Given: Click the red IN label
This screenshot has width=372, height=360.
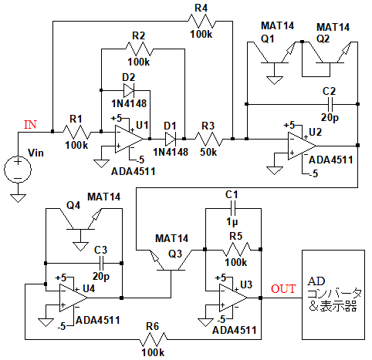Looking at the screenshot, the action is point(30,125).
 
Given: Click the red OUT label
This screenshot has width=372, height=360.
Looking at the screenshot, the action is point(283,289).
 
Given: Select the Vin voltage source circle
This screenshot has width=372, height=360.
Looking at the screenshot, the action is point(18,170).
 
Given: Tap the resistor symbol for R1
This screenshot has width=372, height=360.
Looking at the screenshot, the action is point(76,132).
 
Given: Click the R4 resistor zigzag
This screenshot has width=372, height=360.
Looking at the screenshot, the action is point(201,22).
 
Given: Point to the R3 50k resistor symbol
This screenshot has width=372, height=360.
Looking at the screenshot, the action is point(208,139).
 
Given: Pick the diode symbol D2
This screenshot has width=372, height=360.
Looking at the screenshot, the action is point(129,90).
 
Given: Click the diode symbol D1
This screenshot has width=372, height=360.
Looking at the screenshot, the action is point(171,139).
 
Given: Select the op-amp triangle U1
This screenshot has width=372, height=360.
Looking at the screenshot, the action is point(129,139).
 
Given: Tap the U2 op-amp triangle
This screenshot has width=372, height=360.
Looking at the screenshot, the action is point(302,146).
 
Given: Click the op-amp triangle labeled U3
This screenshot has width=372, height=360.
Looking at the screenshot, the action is point(233,298).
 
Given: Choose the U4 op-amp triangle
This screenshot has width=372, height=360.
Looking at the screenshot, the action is point(73,298).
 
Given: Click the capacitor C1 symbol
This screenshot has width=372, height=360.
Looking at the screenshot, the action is point(233,208).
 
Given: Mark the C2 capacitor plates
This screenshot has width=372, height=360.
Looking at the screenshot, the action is point(330,104).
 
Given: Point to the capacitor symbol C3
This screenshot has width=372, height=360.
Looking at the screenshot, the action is point(101,263).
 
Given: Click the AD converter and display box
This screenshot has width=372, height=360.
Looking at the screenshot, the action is point(333,294).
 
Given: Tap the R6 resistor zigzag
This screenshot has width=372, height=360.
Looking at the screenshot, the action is point(154,339).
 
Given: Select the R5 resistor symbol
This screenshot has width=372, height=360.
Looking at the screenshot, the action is point(237,249).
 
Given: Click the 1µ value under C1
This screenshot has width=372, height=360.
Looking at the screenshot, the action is point(232,222).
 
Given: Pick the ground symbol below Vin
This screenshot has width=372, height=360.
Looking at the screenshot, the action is point(18,198).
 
